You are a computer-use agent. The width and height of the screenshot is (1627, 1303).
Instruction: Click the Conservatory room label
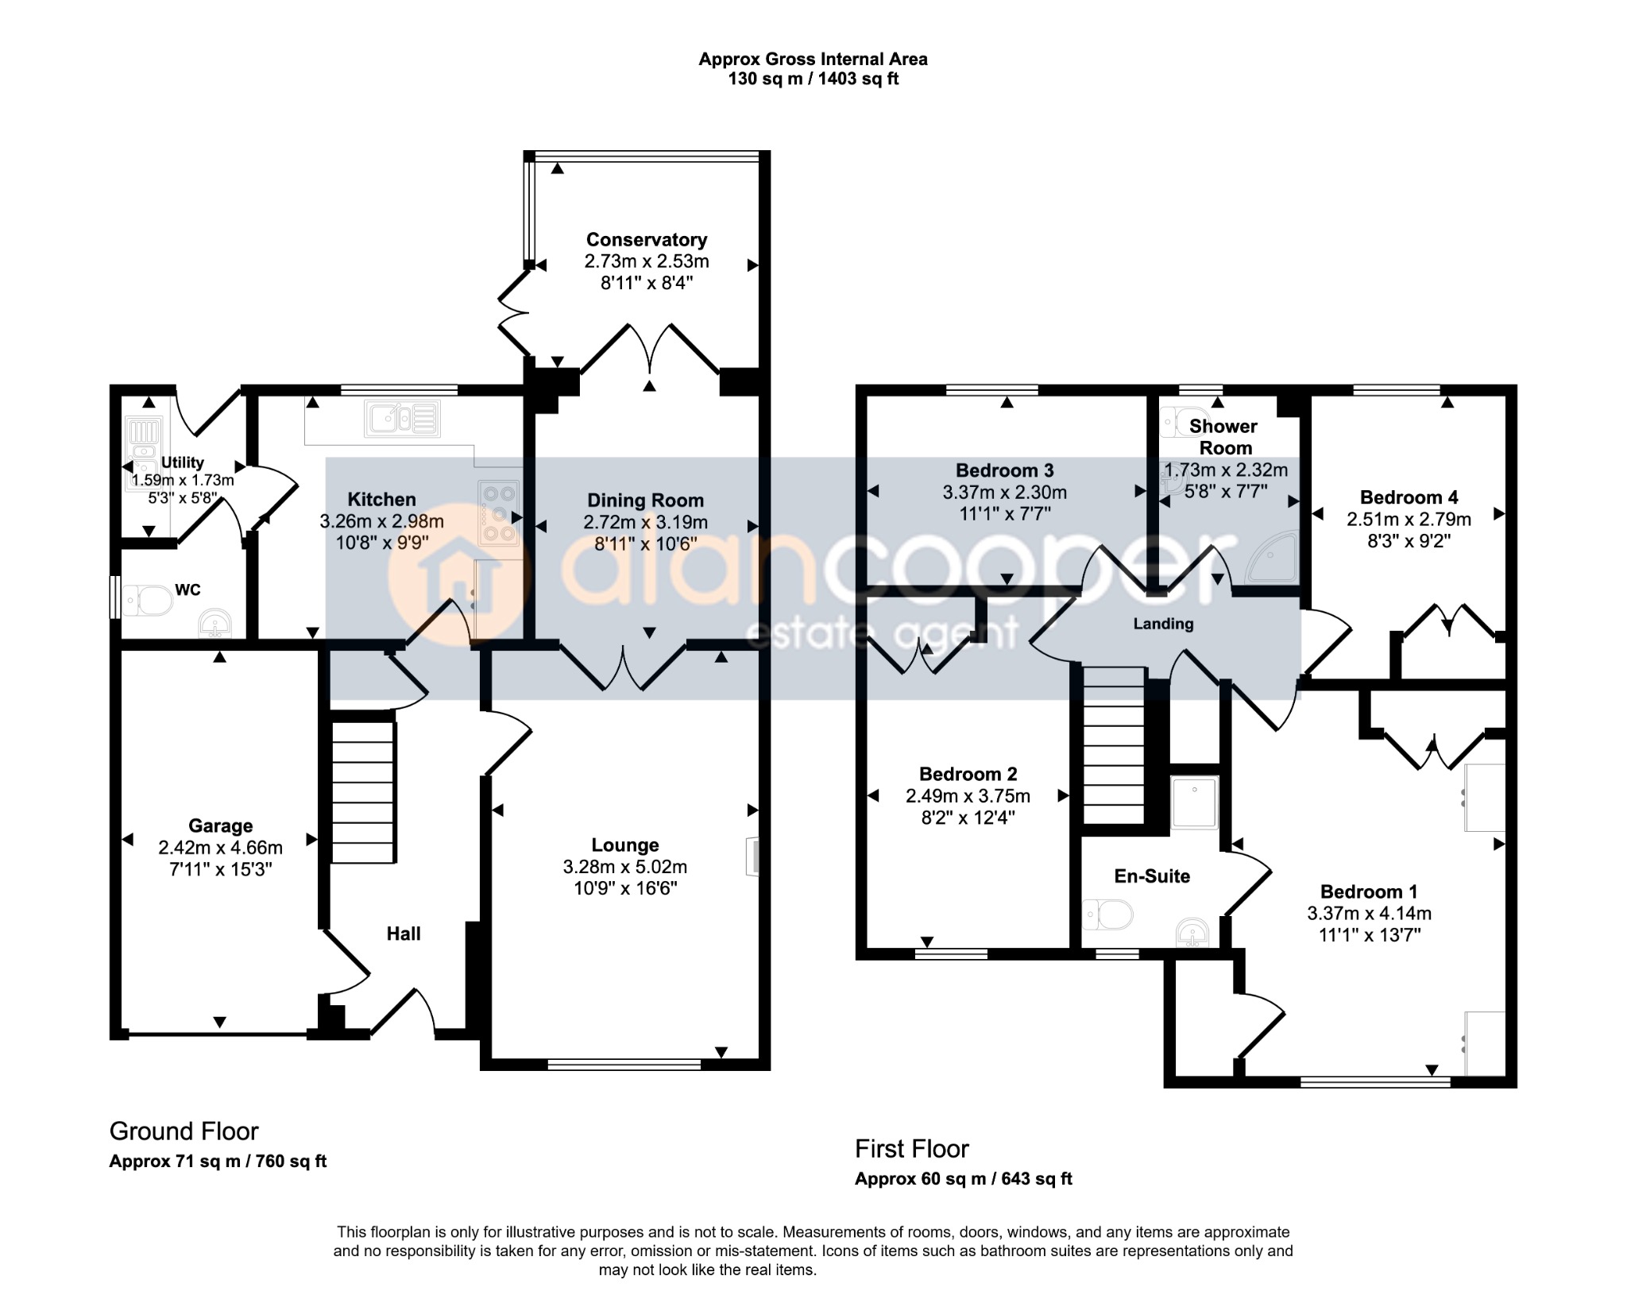(647, 239)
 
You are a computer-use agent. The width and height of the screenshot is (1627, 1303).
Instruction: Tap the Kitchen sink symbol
(402, 419)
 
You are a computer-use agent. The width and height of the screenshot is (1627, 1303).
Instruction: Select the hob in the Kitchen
(499, 513)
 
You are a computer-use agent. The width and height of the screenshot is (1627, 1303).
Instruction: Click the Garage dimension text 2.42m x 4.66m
(220, 848)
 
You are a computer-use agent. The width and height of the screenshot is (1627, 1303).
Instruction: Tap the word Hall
(404, 934)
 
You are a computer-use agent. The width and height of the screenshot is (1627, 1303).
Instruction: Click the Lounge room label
(625, 845)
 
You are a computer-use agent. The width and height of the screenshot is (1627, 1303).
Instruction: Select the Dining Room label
(645, 501)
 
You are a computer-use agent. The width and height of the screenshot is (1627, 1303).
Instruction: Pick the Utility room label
(183, 462)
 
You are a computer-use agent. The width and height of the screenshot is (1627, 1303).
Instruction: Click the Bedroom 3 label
(1005, 470)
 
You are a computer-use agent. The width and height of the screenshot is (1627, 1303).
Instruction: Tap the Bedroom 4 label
(1409, 497)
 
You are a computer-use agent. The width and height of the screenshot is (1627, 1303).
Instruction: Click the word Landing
(1163, 624)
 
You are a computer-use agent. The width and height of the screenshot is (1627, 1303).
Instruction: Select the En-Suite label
(1152, 876)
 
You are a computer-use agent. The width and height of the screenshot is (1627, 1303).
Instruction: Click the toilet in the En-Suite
(1108, 914)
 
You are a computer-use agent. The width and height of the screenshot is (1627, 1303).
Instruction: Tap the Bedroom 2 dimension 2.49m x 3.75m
(968, 796)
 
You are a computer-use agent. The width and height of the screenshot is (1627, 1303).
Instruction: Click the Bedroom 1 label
(1369, 891)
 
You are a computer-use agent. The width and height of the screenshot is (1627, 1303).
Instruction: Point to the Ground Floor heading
(184, 1131)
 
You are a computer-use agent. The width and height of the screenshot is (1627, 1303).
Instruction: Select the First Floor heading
(912, 1149)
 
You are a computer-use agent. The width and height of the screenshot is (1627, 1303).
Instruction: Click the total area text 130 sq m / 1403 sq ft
(813, 79)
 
